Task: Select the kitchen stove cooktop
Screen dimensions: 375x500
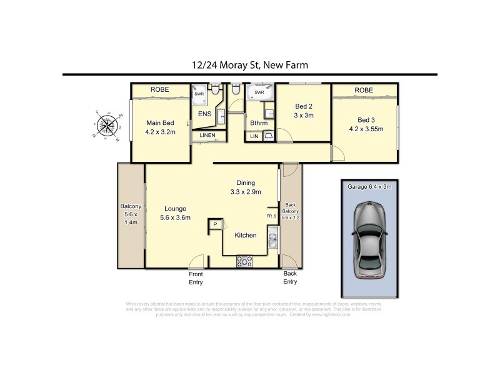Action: [246, 263]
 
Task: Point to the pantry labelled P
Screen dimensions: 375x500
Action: [215, 224]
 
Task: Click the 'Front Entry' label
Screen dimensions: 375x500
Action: [196, 277]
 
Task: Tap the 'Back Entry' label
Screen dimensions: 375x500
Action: [290, 277]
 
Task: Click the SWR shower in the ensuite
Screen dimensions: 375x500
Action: [199, 94]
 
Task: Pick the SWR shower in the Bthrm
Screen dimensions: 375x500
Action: [259, 93]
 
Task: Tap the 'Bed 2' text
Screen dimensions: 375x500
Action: [303, 106]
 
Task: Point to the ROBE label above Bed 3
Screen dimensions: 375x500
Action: [363, 91]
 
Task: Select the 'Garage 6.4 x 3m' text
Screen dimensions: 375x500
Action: [367, 186]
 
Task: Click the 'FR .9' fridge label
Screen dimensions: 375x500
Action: [272, 216]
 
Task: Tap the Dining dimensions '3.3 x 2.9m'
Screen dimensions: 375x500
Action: [244, 191]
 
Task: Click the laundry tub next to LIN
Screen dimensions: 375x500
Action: [268, 136]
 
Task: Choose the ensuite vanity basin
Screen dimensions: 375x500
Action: [222, 116]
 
